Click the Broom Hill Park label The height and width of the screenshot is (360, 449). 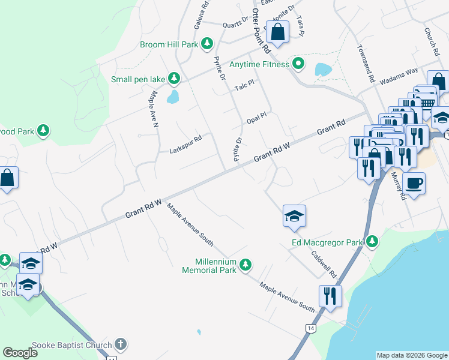pos(169,44)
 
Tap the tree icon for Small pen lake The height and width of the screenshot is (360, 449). pos(174,79)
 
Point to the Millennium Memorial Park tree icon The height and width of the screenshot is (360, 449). pos(245,265)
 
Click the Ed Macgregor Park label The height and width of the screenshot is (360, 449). pos(328,242)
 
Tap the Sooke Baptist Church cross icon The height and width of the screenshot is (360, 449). pos(121,344)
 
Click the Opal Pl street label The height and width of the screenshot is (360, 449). pos(256,117)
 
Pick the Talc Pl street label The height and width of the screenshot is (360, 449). pos(245,86)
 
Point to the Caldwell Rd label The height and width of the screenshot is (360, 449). pos(324,263)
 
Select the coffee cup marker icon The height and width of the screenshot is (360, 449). pos(414,183)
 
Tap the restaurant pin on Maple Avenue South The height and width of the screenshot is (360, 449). pos(330,296)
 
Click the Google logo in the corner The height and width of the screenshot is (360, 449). pos(20,353)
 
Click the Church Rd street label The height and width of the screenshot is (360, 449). pos(432,39)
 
